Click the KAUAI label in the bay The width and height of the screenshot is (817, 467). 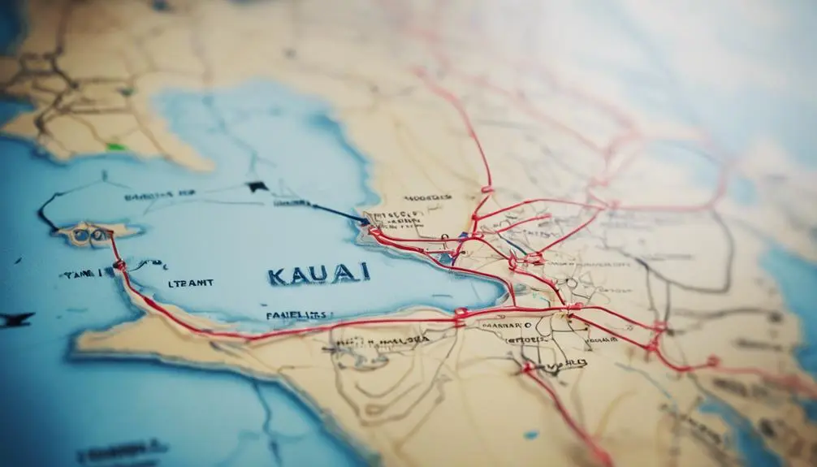tap(318, 274)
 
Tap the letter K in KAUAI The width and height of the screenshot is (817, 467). tap(277, 275)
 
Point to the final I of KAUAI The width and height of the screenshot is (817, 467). tap(365, 271)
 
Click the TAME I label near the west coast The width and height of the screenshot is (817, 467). tap(85, 274)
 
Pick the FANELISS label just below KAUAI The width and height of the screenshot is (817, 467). tap(297, 314)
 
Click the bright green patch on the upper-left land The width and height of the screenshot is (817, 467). tap(116, 147)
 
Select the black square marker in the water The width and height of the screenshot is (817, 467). tap(257, 187)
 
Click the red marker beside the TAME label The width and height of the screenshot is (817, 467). tap(119, 265)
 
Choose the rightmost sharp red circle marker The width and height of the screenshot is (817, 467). tap(713, 361)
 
